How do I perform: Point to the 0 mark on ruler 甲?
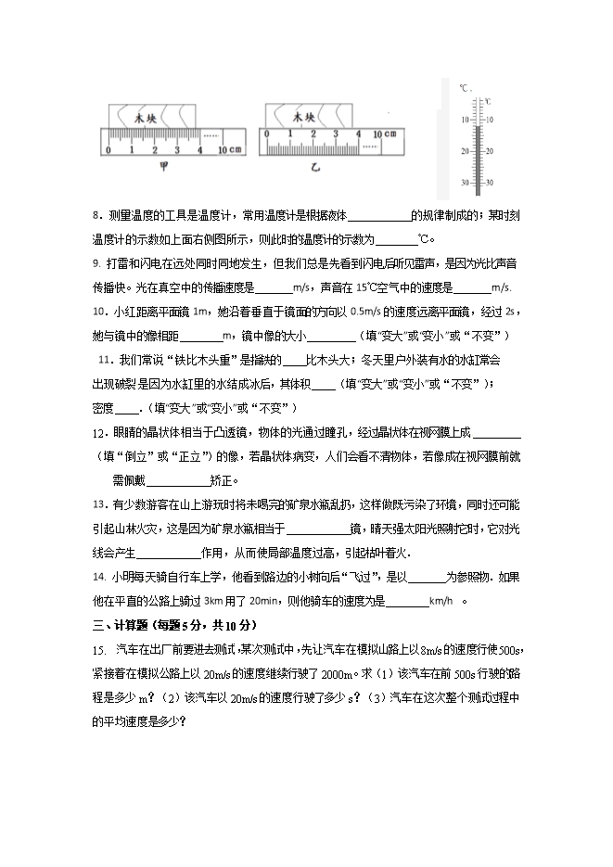click(109, 150)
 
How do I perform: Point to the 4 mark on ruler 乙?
click(358, 134)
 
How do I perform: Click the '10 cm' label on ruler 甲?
click(228, 150)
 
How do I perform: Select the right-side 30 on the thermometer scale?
click(489, 182)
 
